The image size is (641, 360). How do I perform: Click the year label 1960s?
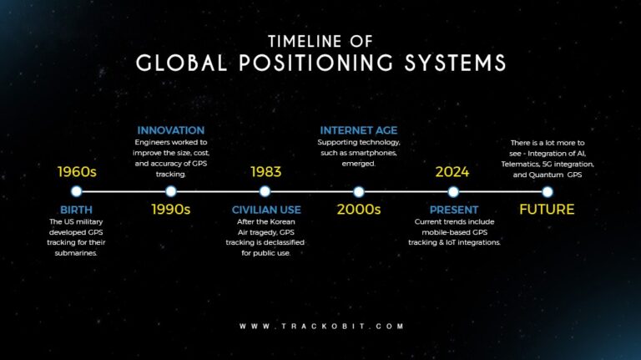coord(76,173)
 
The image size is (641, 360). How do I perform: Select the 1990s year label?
coord(170,209)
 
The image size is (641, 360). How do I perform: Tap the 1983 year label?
coord(265,173)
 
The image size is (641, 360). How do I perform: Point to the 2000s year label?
coord(359,209)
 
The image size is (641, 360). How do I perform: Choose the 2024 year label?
coord(452,173)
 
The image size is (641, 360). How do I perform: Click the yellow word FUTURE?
coord(547,209)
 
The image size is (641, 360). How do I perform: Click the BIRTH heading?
coord(76,209)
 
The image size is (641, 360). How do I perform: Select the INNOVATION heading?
coord(170,130)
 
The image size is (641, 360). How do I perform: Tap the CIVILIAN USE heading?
coord(266,209)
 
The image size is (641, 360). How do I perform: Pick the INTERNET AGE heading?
coord(359,130)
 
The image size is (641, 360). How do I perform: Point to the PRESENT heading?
coord(453,209)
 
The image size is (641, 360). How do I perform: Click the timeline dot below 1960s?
coord(76,191)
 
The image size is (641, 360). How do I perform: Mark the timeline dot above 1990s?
coord(170,191)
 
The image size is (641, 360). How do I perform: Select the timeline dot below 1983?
coord(265,191)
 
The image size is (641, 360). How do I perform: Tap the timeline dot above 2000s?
coord(359,191)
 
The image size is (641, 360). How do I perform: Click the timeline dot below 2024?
coord(453,191)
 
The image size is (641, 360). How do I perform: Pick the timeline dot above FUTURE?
coord(547,191)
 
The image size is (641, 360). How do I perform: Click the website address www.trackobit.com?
coord(321,326)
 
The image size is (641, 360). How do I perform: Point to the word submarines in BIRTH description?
coord(76,252)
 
